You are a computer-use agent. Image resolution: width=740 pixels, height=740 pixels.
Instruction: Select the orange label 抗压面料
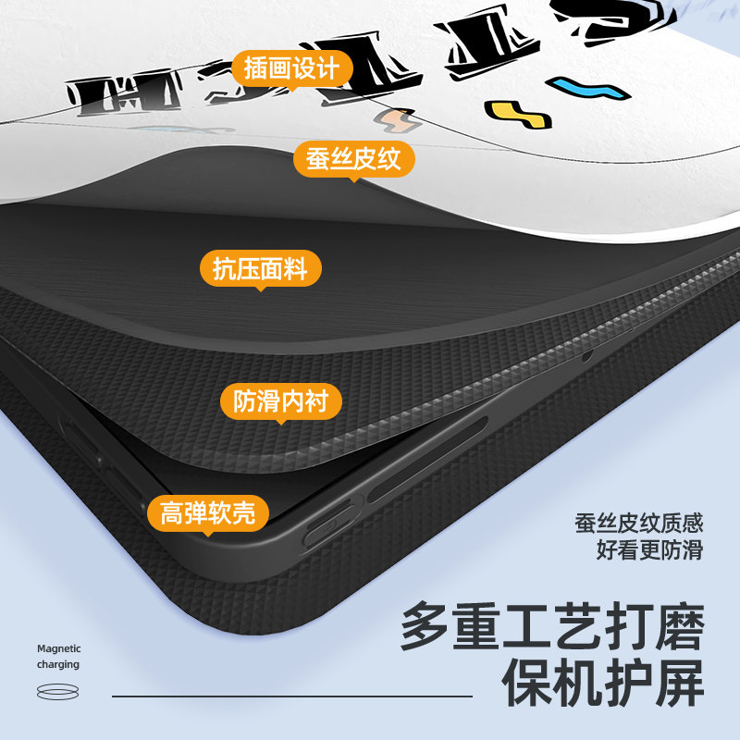pyautogui.click(x=260, y=269)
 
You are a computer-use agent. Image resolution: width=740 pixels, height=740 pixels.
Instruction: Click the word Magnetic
pyautogui.click(x=59, y=648)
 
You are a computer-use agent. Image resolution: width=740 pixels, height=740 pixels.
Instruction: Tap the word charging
pyautogui.click(x=57, y=664)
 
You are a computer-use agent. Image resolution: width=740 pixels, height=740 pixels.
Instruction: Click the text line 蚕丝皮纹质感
pyautogui.click(x=638, y=523)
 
